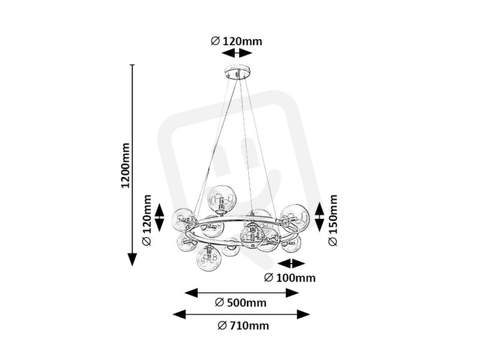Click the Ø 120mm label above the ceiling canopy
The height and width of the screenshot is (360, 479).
point(236,41)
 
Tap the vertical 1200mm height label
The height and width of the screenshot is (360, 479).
point(125,165)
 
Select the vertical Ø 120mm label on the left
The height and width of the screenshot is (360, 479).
point(147,220)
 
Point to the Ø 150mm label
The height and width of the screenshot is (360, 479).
point(333,220)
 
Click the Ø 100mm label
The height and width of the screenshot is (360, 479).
point(290,278)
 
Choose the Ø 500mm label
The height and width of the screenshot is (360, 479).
point(241,302)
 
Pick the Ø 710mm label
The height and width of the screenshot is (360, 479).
point(243,325)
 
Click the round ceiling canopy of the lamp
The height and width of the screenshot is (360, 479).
point(237,71)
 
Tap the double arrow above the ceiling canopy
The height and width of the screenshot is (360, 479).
point(237,53)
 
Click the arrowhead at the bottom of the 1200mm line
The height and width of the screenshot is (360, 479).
point(132,260)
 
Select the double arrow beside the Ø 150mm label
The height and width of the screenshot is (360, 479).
point(319,217)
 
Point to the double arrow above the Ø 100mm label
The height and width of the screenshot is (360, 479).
point(291,263)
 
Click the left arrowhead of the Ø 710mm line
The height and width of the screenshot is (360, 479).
point(179,314)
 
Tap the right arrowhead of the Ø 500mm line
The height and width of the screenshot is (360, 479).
point(292,293)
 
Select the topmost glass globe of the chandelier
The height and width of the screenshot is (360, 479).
point(222,198)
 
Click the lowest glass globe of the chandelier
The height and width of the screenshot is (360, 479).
point(209,259)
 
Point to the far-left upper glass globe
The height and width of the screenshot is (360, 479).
point(184,220)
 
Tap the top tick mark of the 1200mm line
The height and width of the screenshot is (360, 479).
point(132,65)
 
